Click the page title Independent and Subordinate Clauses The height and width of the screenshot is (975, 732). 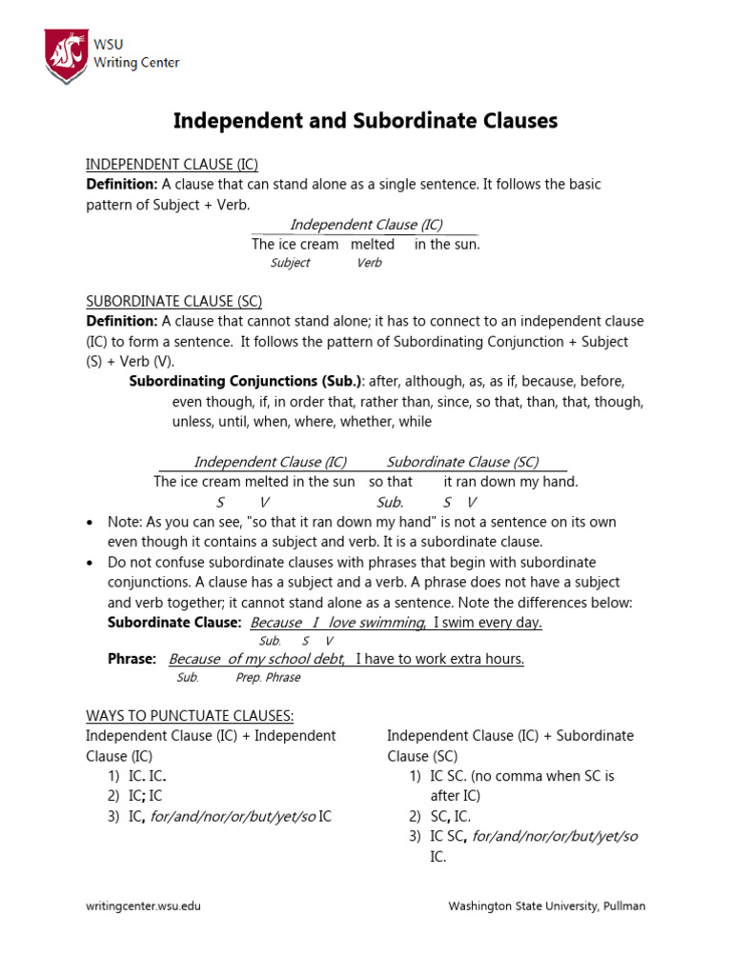tap(365, 121)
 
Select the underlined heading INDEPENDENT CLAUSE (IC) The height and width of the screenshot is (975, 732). tap(172, 164)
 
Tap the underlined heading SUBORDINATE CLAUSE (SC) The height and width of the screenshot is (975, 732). tap(173, 301)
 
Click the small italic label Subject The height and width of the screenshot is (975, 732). tap(290, 263)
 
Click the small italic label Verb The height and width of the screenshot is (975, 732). tap(369, 263)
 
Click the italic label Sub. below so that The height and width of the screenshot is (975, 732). tap(390, 502)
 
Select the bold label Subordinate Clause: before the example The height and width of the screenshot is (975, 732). tap(174, 622)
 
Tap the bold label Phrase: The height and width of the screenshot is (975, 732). tap(132, 659)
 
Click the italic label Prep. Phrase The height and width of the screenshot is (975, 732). tap(268, 678)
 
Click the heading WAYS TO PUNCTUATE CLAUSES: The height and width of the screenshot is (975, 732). tap(190, 715)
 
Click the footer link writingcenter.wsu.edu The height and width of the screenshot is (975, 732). tap(143, 906)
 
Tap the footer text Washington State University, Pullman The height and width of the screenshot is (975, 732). tap(546, 906)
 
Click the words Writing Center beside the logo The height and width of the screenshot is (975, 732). tap(136, 63)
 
